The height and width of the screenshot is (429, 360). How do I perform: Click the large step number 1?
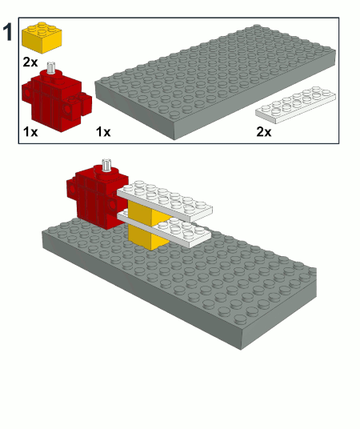coord(8,32)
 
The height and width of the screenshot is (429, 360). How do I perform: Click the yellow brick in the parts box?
coord(42,37)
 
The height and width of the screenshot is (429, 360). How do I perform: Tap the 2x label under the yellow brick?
coord(30,62)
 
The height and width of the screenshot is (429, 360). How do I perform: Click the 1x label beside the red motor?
coord(30,132)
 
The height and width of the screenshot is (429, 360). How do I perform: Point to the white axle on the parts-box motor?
coord(50,67)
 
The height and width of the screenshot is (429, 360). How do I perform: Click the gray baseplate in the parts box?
coord(215,82)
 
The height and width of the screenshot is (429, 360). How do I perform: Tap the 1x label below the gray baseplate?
coord(103,132)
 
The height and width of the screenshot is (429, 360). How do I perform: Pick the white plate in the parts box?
coord(295,105)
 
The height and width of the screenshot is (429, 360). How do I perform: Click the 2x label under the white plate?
coord(264,132)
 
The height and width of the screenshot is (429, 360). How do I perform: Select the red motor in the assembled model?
coord(97,195)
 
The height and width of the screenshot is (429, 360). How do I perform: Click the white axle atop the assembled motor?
coord(106,165)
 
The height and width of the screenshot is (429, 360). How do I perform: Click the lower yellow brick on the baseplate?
coord(148,238)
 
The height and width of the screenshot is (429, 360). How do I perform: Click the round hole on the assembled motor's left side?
coord(72,189)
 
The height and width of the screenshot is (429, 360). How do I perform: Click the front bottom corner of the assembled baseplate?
coord(241,350)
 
